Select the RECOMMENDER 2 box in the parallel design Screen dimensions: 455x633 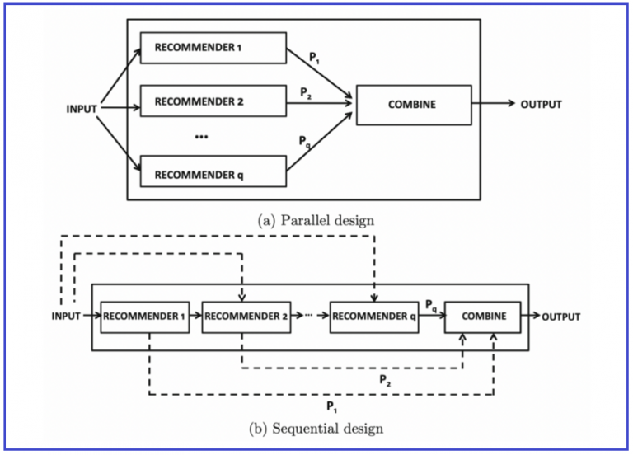click(213, 103)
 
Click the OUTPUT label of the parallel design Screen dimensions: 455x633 click(540, 105)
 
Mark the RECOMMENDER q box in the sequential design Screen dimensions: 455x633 click(374, 317)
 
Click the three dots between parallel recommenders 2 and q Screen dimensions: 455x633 click(202, 138)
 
